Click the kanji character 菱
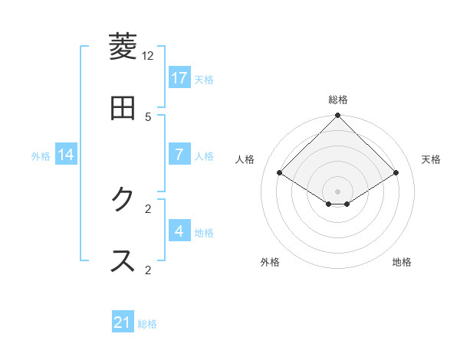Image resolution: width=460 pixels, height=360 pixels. [123, 47]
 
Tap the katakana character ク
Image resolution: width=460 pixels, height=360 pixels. [123, 200]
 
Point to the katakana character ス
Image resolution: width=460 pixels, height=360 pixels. [123, 261]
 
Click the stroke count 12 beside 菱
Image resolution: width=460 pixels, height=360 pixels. [148, 56]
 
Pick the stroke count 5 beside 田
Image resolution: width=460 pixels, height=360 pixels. [148, 116]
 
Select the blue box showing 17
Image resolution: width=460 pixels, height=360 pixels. [179, 78]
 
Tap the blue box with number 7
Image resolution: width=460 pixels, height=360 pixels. [179, 155]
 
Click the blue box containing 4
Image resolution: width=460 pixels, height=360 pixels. [179, 231]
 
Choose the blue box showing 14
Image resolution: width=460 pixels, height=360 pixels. [66, 155]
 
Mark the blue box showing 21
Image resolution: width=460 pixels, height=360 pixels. [123, 323]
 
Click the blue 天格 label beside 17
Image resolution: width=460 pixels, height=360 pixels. [204, 79]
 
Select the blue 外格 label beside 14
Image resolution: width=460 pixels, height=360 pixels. [41, 155]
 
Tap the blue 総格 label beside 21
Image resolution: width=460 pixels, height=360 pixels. [147, 324]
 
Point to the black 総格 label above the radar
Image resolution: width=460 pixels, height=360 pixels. [338, 100]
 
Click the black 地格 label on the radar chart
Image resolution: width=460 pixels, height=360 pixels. [402, 262]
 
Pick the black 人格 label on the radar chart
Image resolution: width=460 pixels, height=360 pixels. [245, 159]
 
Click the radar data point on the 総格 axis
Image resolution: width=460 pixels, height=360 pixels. [338, 116]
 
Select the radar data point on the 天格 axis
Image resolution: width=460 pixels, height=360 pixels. [396, 172]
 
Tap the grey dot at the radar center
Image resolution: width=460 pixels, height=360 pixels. [338, 191]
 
